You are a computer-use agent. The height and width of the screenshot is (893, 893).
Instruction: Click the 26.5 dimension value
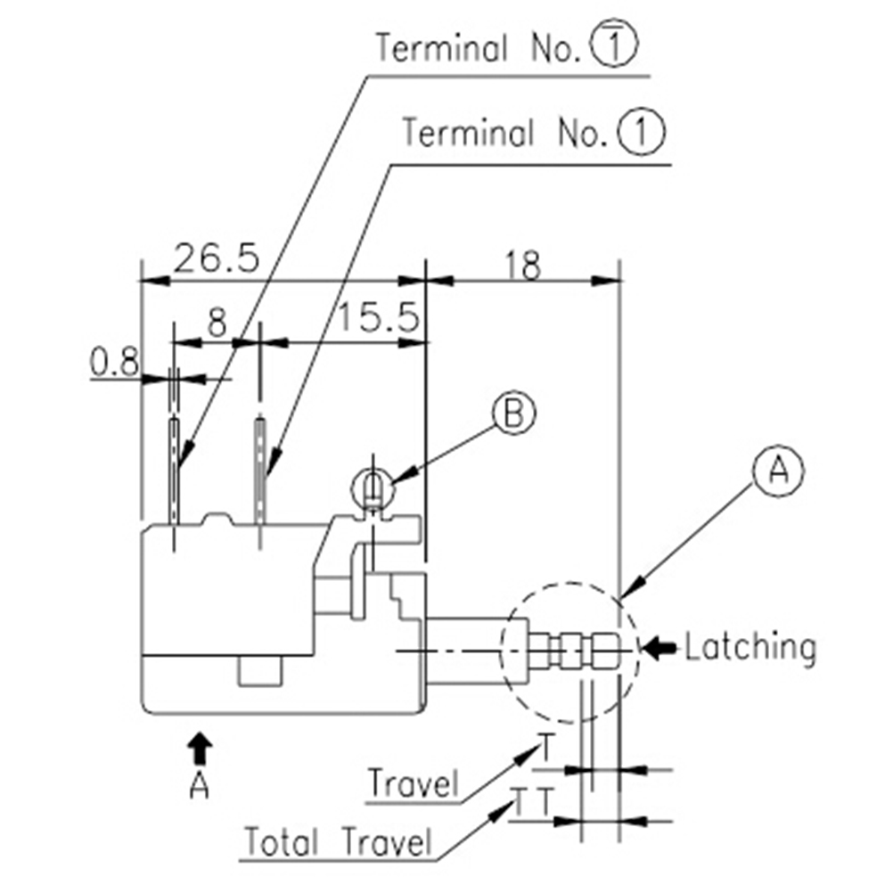coord(216,258)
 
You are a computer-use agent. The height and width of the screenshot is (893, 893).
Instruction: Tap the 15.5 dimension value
coord(378,318)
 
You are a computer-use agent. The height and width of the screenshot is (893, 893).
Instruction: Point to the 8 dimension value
coord(216,324)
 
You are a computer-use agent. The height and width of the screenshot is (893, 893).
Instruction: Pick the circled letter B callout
coord(515,414)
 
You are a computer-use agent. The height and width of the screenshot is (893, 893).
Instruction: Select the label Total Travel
coord(338,840)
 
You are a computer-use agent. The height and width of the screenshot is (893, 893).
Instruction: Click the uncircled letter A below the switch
coord(201,785)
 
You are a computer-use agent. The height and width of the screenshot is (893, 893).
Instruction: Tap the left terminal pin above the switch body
coord(176,468)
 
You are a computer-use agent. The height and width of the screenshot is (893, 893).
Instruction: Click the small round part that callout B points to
coord(373,489)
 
